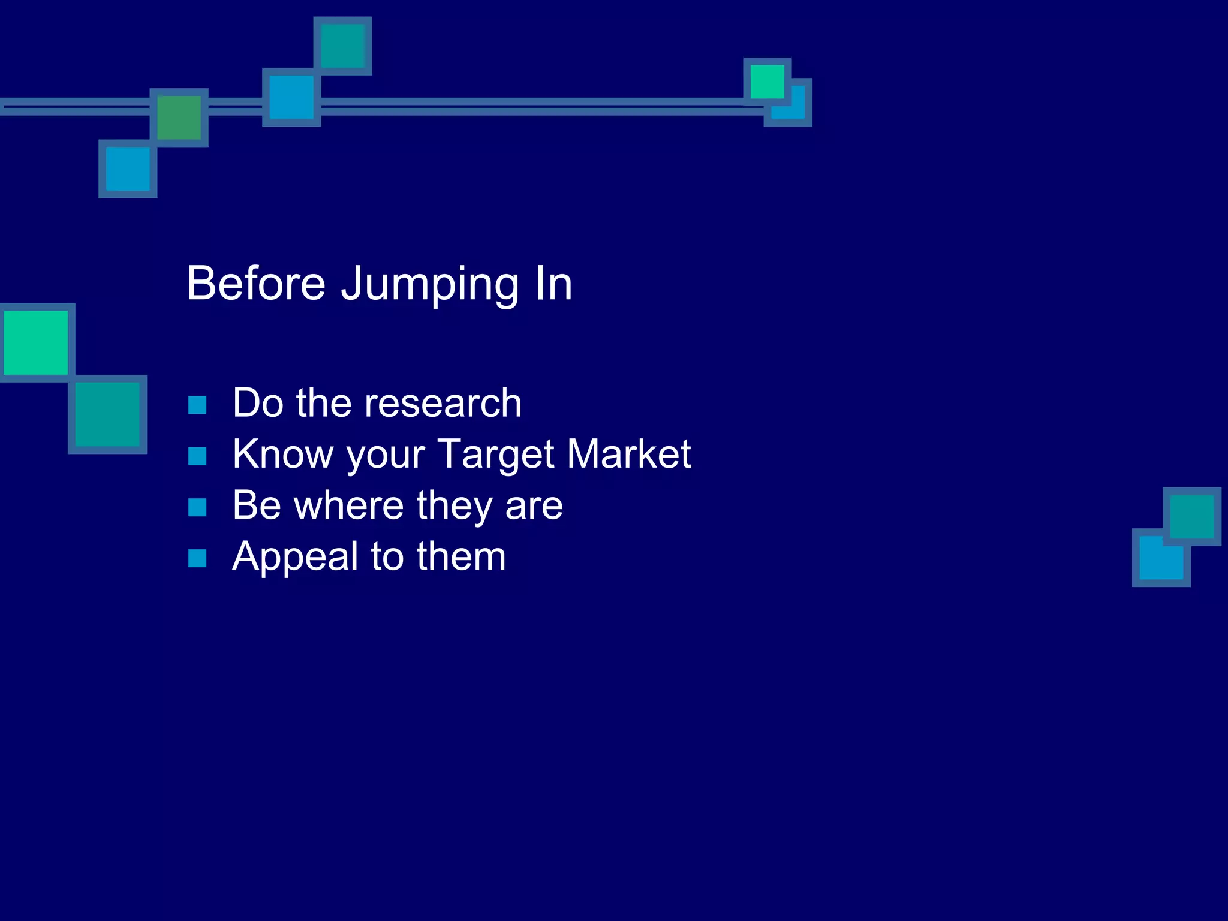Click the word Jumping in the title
pos(430,285)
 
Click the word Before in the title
pos(256,283)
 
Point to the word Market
pos(629,454)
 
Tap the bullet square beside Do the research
pos(197,405)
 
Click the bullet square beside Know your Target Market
pos(197,456)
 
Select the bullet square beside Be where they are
pos(197,507)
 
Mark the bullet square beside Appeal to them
pos(197,559)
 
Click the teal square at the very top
pos(343,46)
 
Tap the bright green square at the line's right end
pos(767,82)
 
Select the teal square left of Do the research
pos(108,414)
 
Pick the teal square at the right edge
pos(1191,516)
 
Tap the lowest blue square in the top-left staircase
pos(128,169)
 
